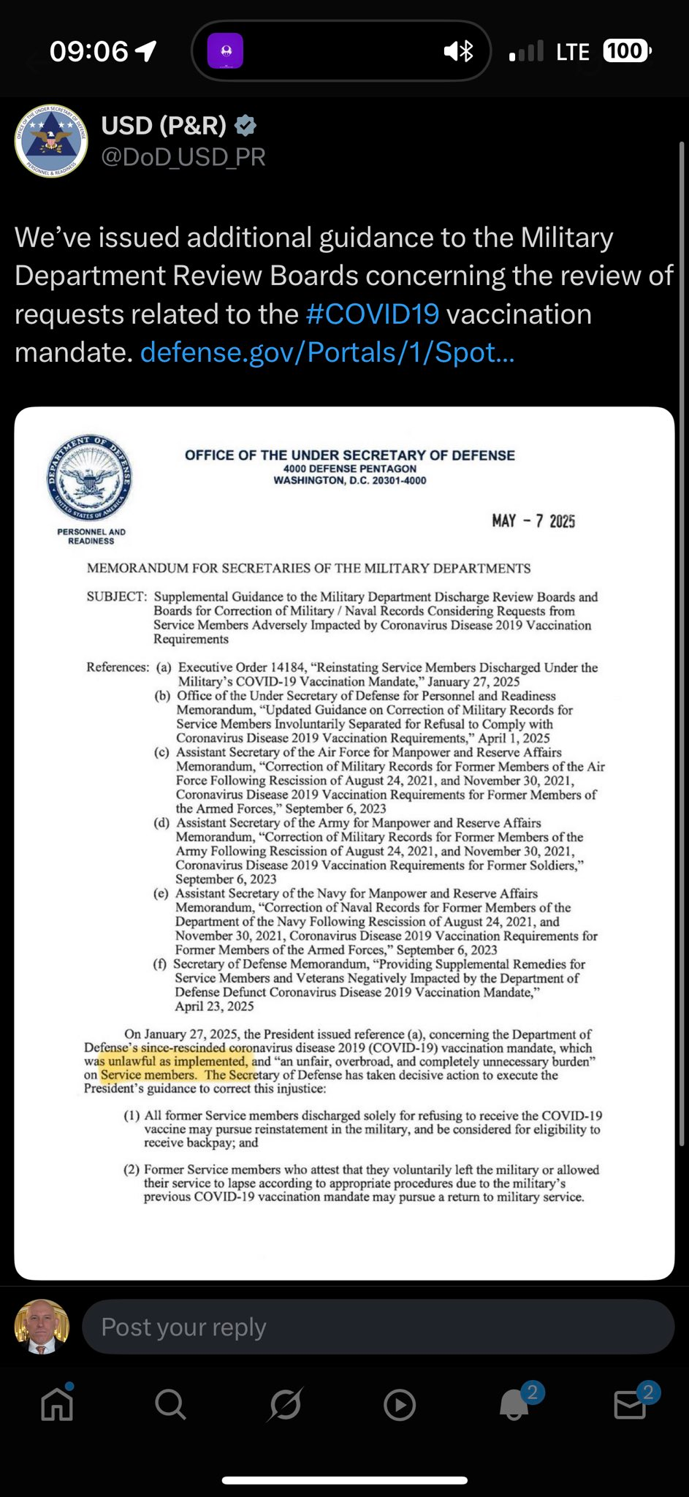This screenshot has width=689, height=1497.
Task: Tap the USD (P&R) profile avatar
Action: tap(51, 141)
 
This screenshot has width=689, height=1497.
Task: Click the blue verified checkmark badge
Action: tap(245, 126)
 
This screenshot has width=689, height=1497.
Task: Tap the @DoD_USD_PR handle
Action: tap(183, 157)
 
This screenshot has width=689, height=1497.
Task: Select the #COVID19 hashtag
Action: tap(373, 314)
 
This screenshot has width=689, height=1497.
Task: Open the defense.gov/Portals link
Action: tap(327, 352)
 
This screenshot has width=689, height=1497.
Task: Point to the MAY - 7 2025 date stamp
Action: tap(533, 521)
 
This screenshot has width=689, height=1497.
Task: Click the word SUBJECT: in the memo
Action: tap(117, 596)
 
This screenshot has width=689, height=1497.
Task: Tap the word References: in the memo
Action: tap(118, 667)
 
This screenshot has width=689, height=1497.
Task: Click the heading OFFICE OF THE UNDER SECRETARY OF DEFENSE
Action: tap(349, 455)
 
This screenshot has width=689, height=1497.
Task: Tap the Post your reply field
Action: tap(378, 1327)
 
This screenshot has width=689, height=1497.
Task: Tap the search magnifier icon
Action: tap(170, 1404)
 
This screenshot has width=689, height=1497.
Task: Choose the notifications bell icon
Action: tap(514, 1404)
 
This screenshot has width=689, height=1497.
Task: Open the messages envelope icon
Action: tap(629, 1404)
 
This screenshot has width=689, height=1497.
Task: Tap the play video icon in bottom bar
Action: tap(400, 1404)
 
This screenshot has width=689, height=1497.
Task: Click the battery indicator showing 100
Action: tap(626, 51)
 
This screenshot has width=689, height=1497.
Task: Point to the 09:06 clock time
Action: tap(89, 51)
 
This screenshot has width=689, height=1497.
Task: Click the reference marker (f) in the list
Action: tap(160, 964)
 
